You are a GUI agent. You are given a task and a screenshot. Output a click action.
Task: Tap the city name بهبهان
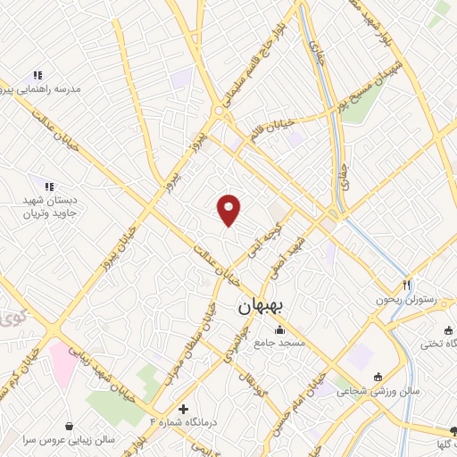point(262,308)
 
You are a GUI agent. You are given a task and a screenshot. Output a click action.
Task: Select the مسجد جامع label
point(279,343)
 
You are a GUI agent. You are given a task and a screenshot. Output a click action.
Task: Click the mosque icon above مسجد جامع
point(279,330)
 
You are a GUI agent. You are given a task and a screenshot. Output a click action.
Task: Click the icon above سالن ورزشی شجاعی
point(378,376)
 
